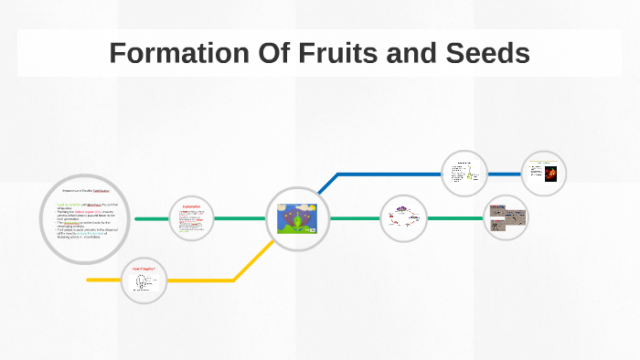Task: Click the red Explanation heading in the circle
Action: tap(191, 207)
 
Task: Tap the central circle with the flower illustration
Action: tap(296, 219)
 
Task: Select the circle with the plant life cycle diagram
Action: tap(403, 219)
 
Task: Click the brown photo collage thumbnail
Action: tap(506, 217)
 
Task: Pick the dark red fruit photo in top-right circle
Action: tap(550, 174)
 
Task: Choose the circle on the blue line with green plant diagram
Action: tap(464, 173)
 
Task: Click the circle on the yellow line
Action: tap(144, 280)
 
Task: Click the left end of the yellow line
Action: tap(90, 280)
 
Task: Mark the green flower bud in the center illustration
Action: tap(295, 220)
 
